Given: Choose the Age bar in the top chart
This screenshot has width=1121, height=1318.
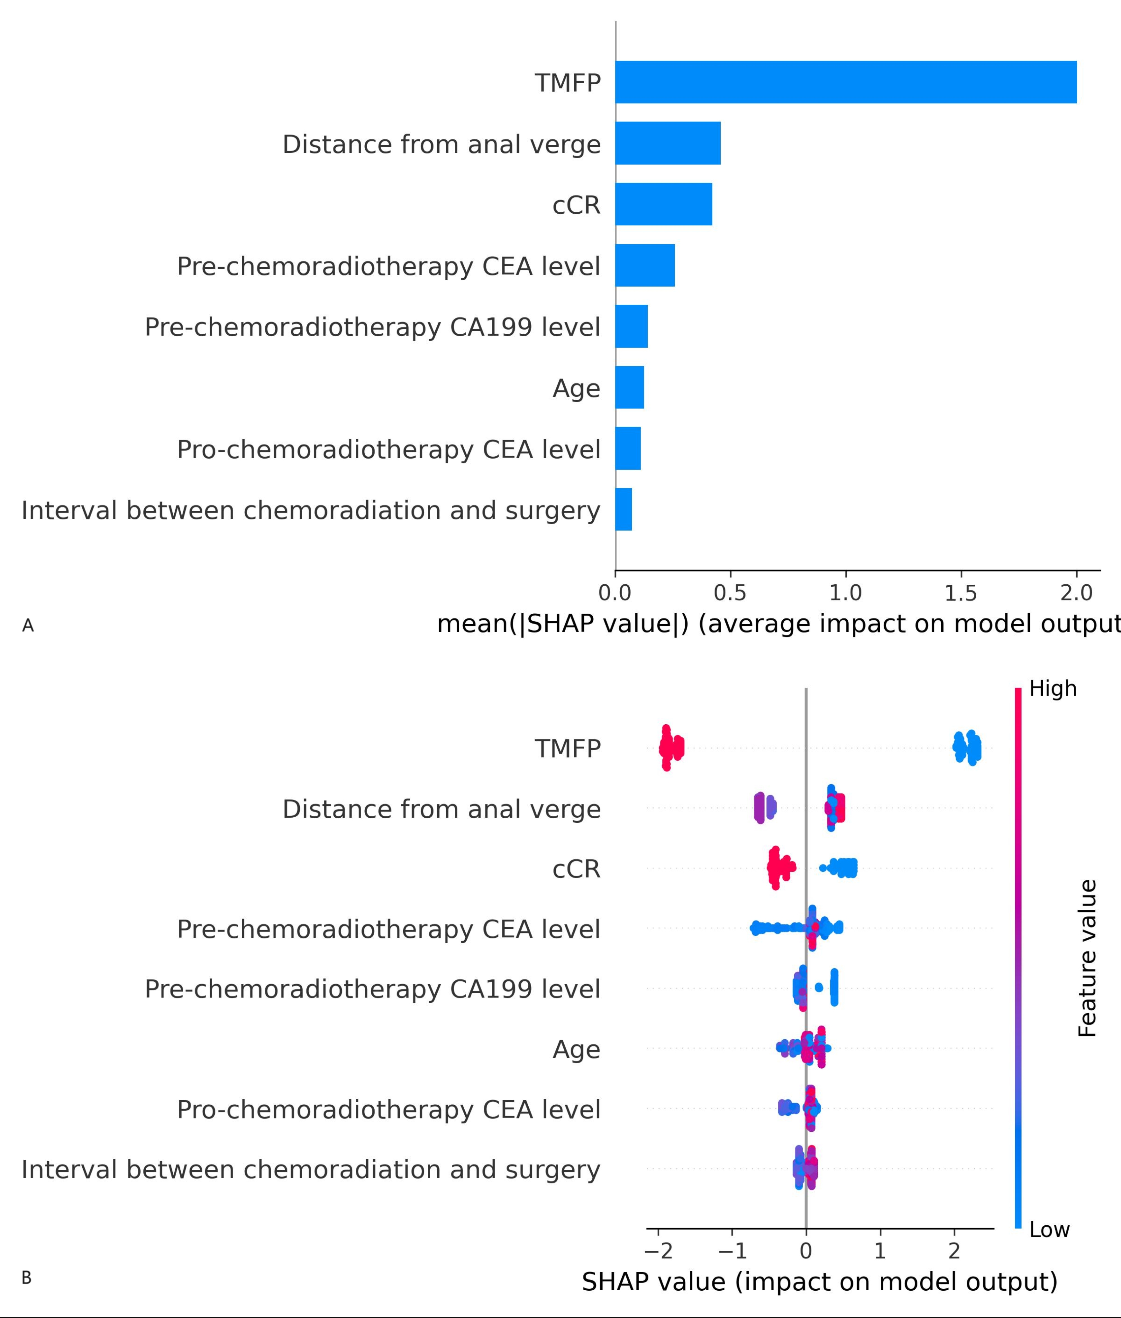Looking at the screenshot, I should click(x=629, y=387).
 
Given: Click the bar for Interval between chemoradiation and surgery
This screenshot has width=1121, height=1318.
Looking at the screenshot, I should click(x=624, y=509).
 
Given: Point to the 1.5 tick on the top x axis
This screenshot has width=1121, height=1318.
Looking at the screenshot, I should click(x=960, y=593).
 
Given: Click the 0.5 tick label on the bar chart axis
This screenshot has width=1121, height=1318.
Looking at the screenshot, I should click(x=730, y=593).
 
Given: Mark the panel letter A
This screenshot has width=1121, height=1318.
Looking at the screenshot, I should click(x=28, y=626).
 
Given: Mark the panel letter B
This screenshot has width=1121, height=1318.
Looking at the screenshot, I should click(x=27, y=1278).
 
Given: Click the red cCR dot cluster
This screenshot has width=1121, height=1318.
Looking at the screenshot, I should click(x=779, y=868).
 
